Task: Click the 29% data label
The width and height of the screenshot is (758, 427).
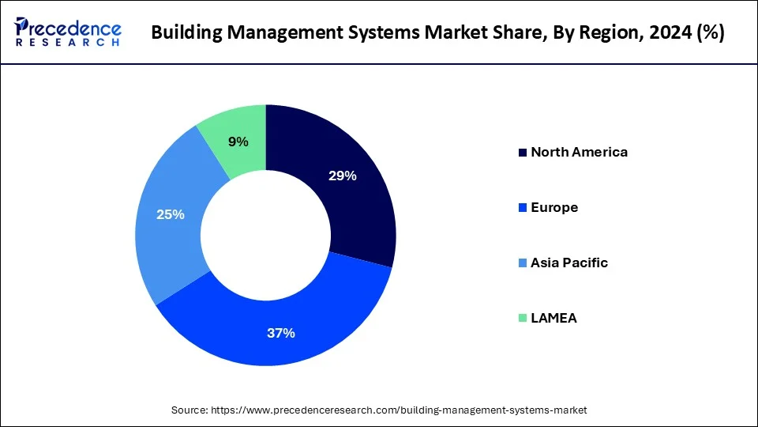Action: (x=343, y=176)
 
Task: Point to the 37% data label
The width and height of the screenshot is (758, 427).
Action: (x=280, y=333)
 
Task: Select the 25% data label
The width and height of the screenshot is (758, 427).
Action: (x=171, y=214)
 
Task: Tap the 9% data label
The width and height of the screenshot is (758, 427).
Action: (x=238, y=142)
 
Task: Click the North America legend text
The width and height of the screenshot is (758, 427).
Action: (x=580, y=152)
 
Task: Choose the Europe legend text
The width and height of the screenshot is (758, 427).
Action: (x=554, y=207)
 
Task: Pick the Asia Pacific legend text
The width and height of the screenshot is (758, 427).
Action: (x=569, y=263)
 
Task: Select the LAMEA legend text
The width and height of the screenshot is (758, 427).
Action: (x=553, y=318)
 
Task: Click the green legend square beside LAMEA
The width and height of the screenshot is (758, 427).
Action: (x=522, y=319)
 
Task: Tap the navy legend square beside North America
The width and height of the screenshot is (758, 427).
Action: (x=522, y=153)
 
